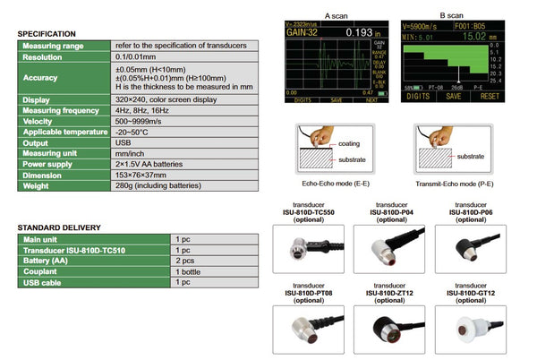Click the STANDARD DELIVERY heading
click(59, 227)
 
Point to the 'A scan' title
click(335, 15)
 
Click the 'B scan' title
click(452, 15)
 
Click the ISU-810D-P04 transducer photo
click(392, 248)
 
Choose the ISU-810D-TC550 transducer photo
click(310, 248)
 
